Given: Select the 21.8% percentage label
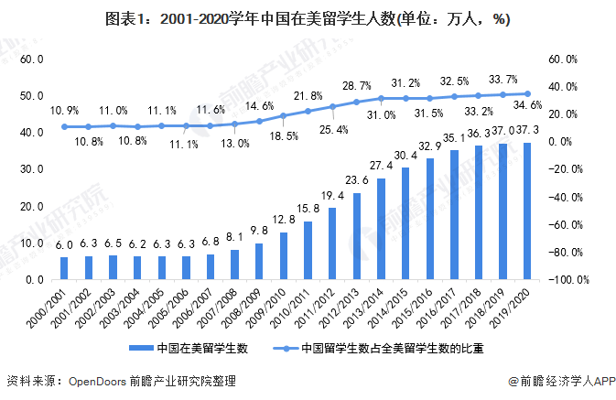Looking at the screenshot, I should [x=307, y=95].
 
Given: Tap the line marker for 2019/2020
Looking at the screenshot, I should [x=526, y=93].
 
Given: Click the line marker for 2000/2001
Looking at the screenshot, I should [x=64, y=126].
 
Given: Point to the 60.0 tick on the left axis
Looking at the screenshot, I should [x=32, y=59].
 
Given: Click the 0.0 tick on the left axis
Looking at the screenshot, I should [x=36, y=280].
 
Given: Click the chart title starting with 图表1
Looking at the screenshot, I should [x=308, y=18].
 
